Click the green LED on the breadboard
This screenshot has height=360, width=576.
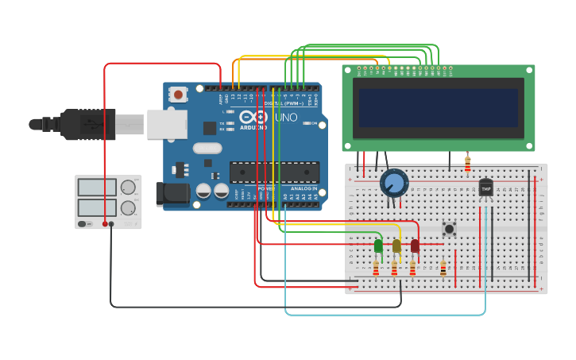click(x=378, y=246)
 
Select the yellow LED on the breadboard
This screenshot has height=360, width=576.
click(x=396, y=246)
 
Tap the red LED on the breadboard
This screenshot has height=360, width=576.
click(x=415, y=246)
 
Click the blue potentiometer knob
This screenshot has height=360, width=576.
click(x=393, y=184)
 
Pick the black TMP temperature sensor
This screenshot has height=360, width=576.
click(x=485, y=188)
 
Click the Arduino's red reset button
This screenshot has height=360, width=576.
click(x=178, y=95)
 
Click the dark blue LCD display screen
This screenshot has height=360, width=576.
click(x=439, y=108)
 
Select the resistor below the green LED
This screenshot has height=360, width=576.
click(x=376, y=269)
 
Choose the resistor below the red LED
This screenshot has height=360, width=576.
click(x=412, y=269)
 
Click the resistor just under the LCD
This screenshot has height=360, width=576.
click(x=467, y=165)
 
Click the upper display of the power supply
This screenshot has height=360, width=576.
click(x=97, y=188)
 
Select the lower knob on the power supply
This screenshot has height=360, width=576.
click(x=127, y=208)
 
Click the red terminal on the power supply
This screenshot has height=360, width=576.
click(x=105, y=224)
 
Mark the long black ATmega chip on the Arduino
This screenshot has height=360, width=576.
click(x=274, y=172)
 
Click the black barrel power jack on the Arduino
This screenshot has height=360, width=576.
click(x=172, y=193)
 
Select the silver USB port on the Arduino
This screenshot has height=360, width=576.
click(x=167, y=125)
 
